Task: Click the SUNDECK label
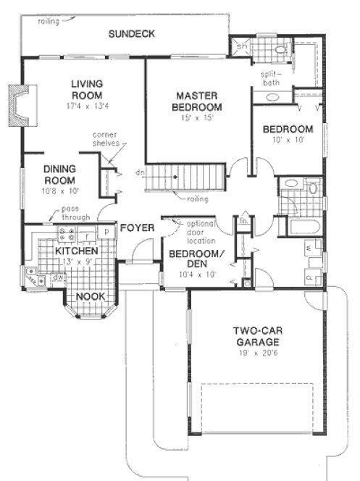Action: pyautogui.click(x=131, y=33)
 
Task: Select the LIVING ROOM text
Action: pyautogui.click(x=86, y=89)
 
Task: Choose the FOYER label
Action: pyautogui.click(x=137, y=228)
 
